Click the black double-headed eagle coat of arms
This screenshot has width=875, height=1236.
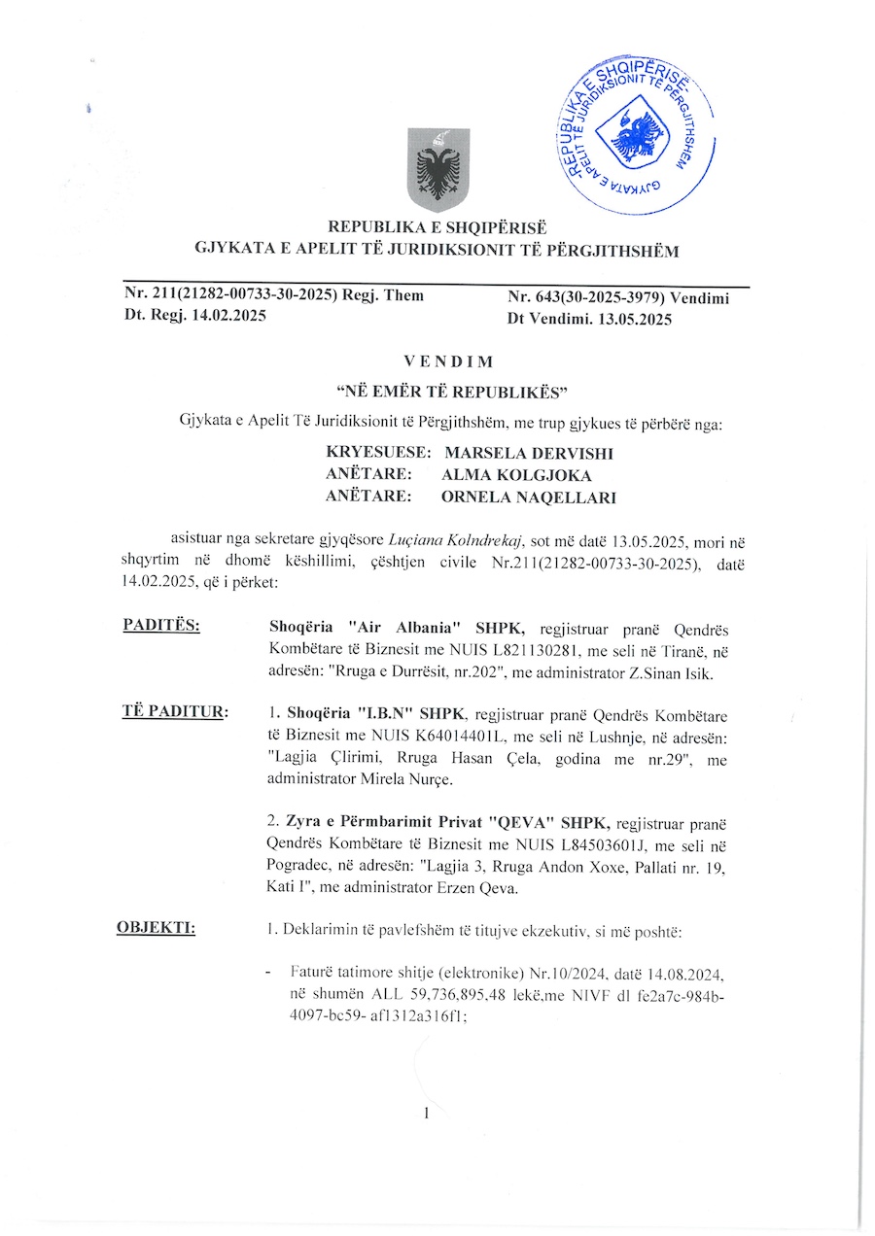[x=437, y=170]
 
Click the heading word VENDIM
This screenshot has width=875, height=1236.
[x=437, y=362]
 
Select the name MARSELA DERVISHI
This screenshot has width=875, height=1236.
[x=529, y=454]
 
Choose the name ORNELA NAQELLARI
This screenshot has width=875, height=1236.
[x=529, y=498]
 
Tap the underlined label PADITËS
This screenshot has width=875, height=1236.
[x=161, y=625]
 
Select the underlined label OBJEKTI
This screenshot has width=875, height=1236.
[x=156, y=928]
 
